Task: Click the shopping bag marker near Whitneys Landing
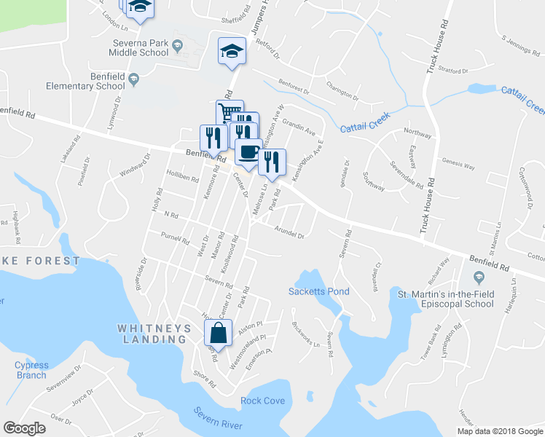pyautogui.click(x=219, y=334)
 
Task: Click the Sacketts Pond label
pyautogui.click(x=319, y=291)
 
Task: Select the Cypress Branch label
pyautogui.click(x=31, y=370)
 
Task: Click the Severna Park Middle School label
pyautogui.click(x=140, y=48)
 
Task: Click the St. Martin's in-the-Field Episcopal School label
pyautogui.click(x=445, y=299)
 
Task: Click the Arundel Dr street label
pyautogui.click(x=289, y=232)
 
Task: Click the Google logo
pyautogui.click(x=25, y=428)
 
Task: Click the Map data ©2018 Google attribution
pyautogui.click(x=500, y=431)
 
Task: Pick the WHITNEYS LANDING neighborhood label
pyautogui.click(x=154, y=334)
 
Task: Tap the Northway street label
pyautogui.click(x=417, y=133)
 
